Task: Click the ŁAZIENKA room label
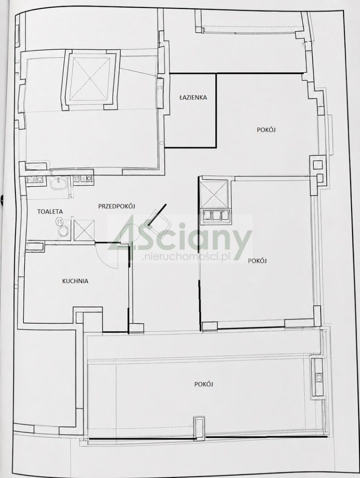point(193,98)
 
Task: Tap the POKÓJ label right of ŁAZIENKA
point(266,130)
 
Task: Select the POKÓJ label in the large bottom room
point(204,384)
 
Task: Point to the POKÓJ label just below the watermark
point(257,260)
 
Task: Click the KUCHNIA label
point(75,281)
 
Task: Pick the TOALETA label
point(50,212)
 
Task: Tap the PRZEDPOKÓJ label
point(117,206)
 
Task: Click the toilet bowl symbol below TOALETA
point(63,231)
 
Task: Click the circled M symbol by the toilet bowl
point(59,221)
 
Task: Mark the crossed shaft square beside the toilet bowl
point(84,230)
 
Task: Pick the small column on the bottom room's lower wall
point(199,427)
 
